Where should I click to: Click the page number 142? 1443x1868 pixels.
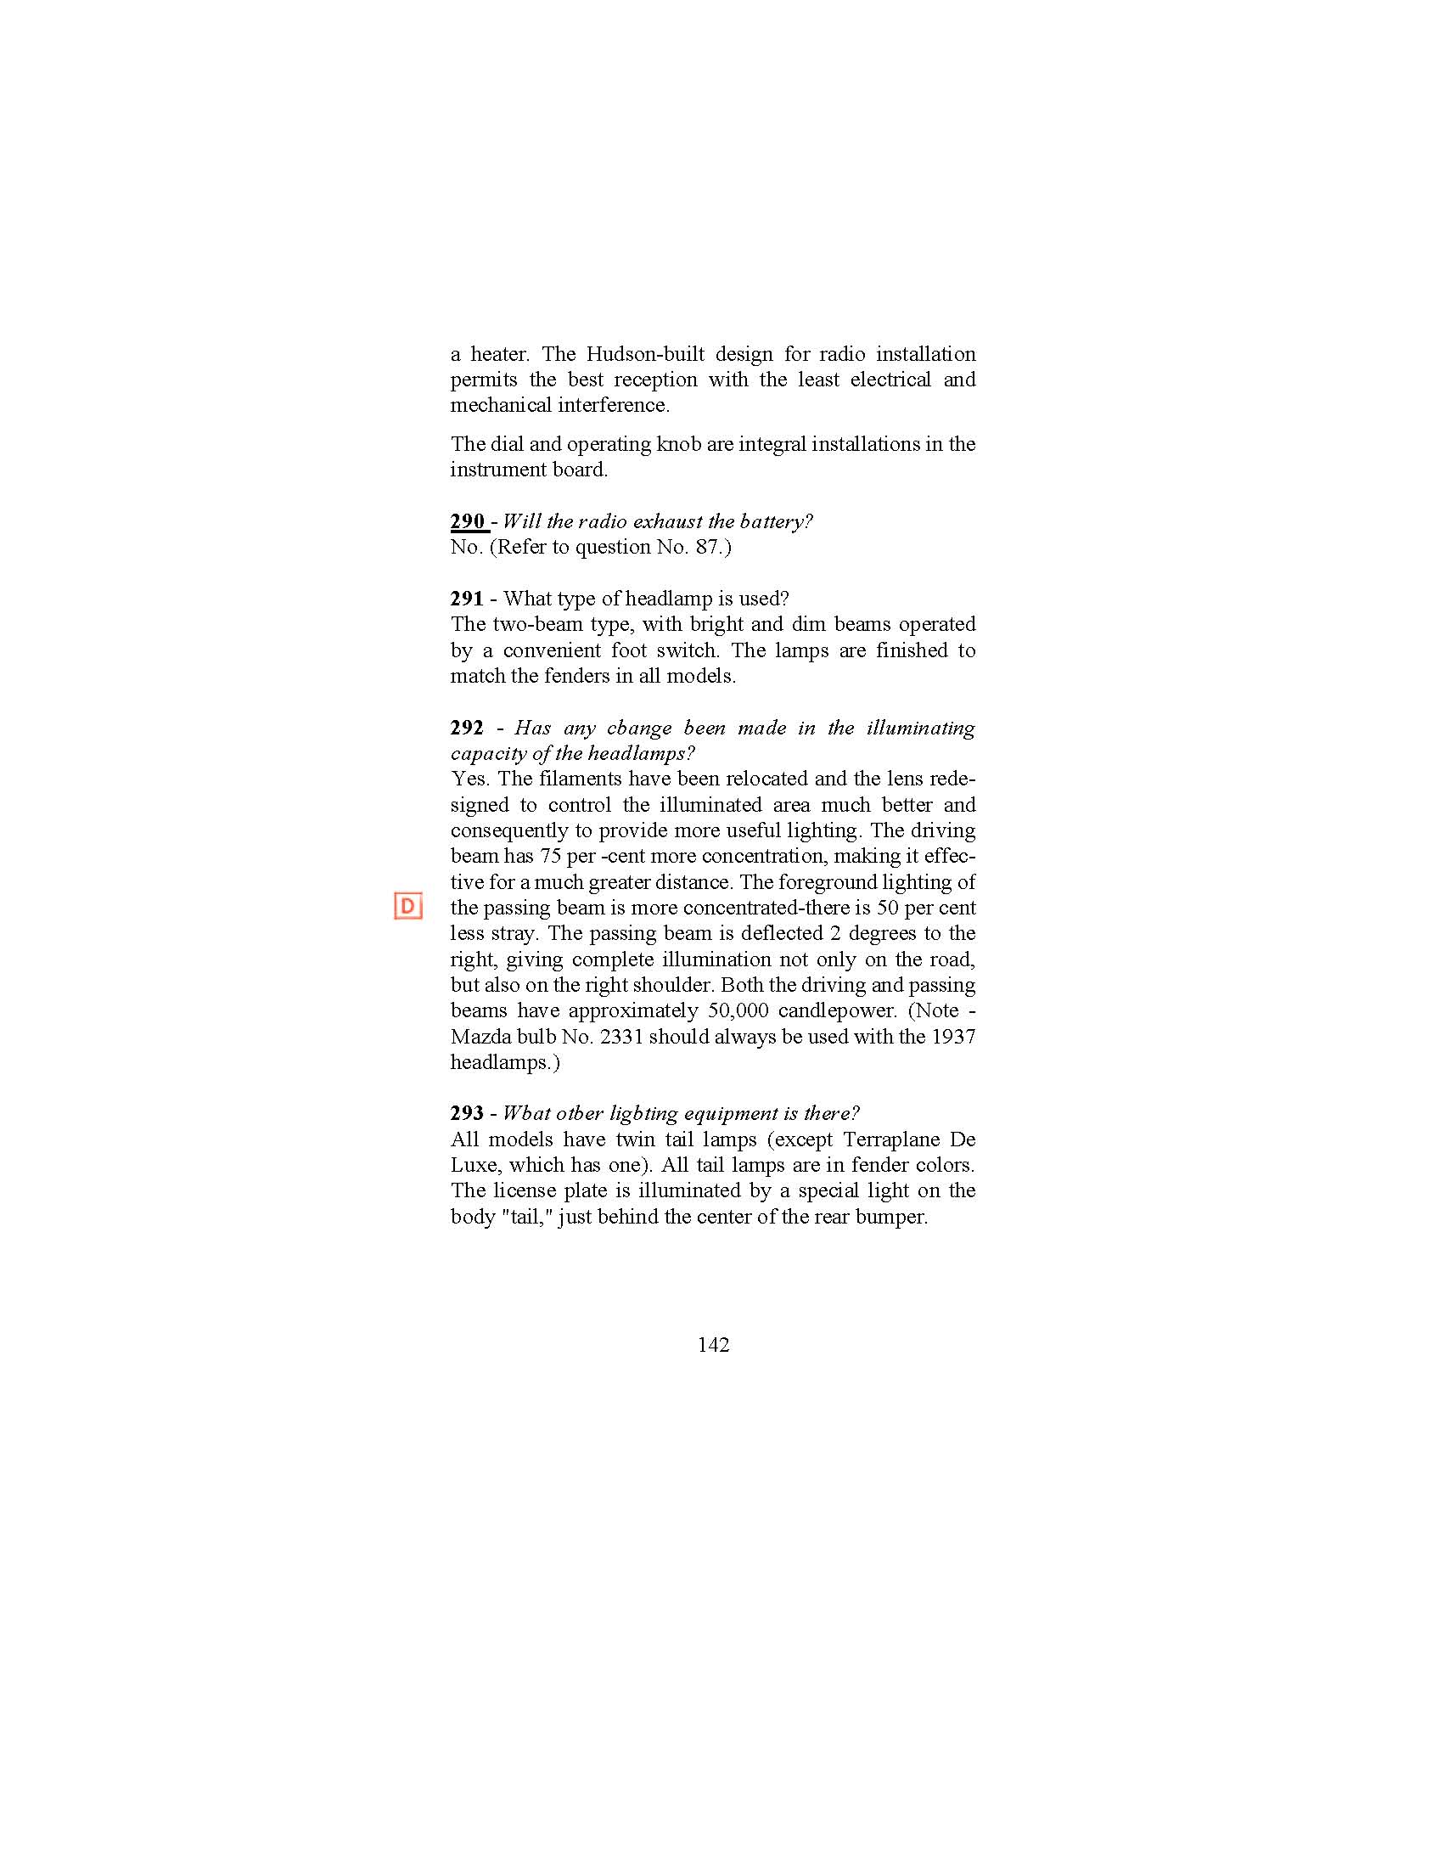tap(713, 1345)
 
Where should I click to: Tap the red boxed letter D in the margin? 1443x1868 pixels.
tap(407, 906)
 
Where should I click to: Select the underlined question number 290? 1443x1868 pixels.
tap(468, 520)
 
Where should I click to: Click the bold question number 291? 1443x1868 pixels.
tap(467, 598)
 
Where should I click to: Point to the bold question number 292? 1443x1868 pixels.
tap(467, 728)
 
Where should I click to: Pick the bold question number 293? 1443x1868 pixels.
tap(467, 1113)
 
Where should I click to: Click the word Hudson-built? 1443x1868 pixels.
tap(644, 354)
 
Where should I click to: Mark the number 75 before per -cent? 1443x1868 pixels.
tap(550, 856)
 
